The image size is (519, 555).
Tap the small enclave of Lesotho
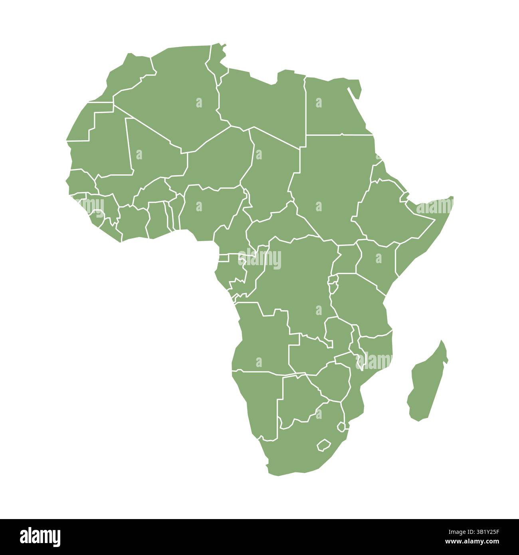pos(323,445)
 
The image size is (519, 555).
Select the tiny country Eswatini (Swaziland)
pos(341,427)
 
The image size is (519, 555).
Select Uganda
pos(347,260)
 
